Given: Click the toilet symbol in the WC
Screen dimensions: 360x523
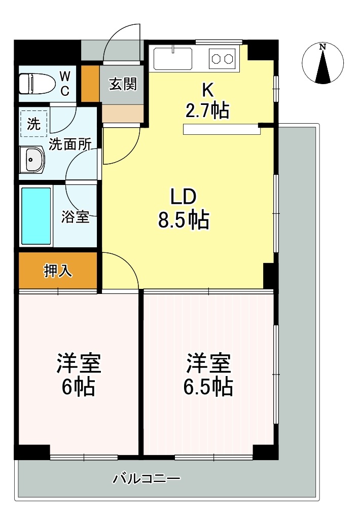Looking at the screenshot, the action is click(x=37, y=83).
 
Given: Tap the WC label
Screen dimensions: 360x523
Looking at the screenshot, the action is click(x=65, y=84).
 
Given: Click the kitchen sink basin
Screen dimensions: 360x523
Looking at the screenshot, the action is click(x=172, y=58).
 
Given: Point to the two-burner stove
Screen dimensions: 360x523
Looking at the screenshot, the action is click(x=222, y=59).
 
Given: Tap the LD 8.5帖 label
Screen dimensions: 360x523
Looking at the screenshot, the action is click(x=184, y=208).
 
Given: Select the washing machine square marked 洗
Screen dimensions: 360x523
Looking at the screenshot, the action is click(x=33, y=124).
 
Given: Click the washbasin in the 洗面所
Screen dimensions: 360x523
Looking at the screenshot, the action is click(x=31, y=160).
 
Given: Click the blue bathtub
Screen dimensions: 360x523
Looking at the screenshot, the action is click(x=36, y=216).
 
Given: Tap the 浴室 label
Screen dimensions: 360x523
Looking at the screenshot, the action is click(x=75, y=217).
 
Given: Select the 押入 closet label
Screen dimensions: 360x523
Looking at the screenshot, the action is click(x=58, y=271).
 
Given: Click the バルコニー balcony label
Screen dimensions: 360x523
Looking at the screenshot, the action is click(x=147, y=479).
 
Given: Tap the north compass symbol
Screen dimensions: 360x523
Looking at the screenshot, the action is click(x=322, y=63).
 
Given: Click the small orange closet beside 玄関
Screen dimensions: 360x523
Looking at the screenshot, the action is click(x=90, y=84).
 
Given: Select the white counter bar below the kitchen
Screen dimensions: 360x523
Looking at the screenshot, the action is click(x=222, y=130).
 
